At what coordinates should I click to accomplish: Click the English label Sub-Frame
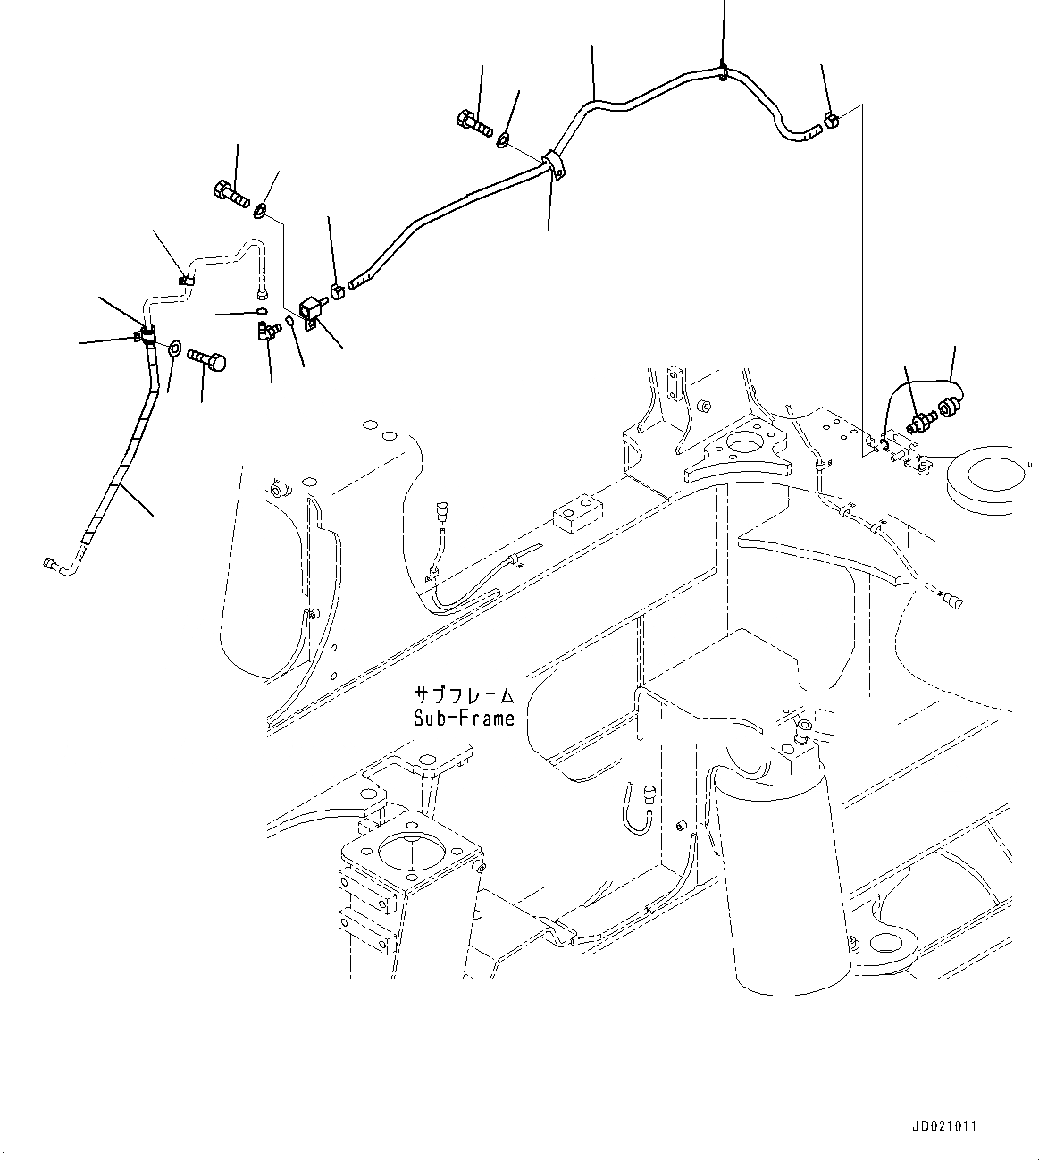[464, 718]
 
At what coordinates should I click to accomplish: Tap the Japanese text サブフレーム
[464, 695]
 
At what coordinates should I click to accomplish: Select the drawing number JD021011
[944, 1126]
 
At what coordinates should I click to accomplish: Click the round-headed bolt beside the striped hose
[206, 360]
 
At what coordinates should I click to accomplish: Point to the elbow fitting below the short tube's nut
[266, 331]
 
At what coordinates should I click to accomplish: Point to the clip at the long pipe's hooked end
[831, 121]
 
